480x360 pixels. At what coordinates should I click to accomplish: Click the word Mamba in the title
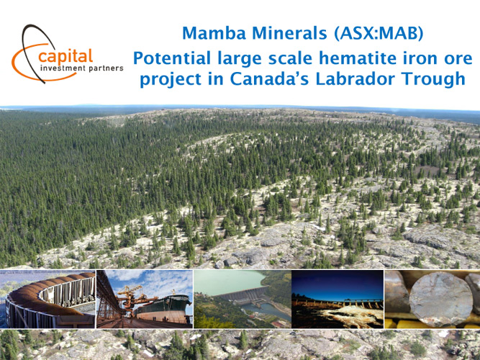pyautogui.click(x=214, y=33)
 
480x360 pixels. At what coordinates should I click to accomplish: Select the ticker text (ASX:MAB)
pyautogui.click(x=379, y=33)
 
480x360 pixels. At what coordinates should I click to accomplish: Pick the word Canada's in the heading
pyautogui.click(x=269, y=78)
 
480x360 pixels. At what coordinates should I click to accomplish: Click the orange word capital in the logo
pyautogui.click(x=65, y=57)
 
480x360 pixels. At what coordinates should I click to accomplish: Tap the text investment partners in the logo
pyautogui.click(x=82, y=68)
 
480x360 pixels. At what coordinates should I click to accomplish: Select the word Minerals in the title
pyautogui.click(x=289, y=33)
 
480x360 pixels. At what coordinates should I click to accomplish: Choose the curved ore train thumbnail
pyautogui.click(x=47, y=299)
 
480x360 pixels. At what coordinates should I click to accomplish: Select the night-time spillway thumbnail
pyautogui.click(x=338, y=299)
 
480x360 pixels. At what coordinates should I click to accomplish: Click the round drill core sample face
pyautogui.click(x=441, y=299)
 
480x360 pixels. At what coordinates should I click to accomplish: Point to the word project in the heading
pyautogui.click(x=171, y=80)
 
